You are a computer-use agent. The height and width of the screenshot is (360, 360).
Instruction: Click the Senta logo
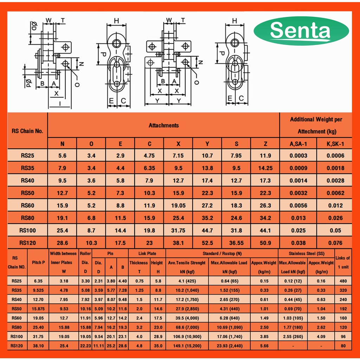301,31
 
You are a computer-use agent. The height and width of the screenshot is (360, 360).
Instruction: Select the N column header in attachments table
62,144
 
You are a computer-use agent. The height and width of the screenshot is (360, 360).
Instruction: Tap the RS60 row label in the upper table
27,205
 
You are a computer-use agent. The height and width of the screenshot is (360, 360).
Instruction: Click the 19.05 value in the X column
178,205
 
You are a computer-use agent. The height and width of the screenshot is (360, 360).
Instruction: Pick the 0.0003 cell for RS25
298,155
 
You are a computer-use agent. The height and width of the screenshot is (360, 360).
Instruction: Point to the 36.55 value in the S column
236,243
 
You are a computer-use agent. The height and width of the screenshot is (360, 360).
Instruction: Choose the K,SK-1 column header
335,144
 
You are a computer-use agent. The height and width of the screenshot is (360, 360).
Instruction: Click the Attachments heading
163,125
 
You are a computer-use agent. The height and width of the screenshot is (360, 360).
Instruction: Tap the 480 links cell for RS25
343,281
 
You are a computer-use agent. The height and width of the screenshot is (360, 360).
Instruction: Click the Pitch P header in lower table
38,262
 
